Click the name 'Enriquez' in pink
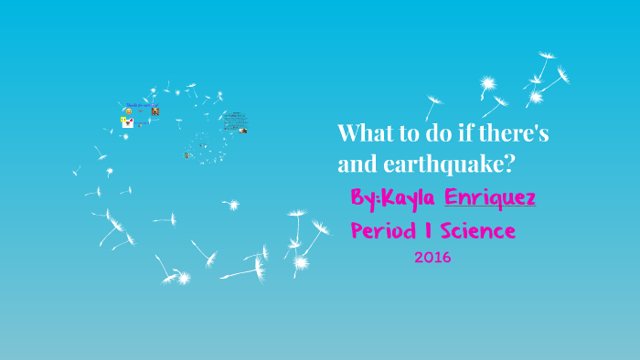[490, 197]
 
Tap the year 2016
[432, 258]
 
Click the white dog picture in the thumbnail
[128, 122]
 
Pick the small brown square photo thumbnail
[155, 111]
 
